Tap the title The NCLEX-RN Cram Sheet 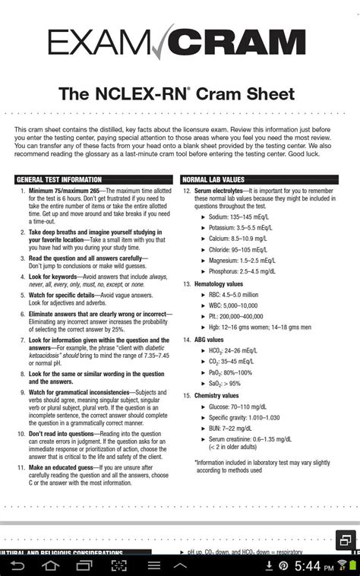click(179, 97)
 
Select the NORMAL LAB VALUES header click(213, 179)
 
